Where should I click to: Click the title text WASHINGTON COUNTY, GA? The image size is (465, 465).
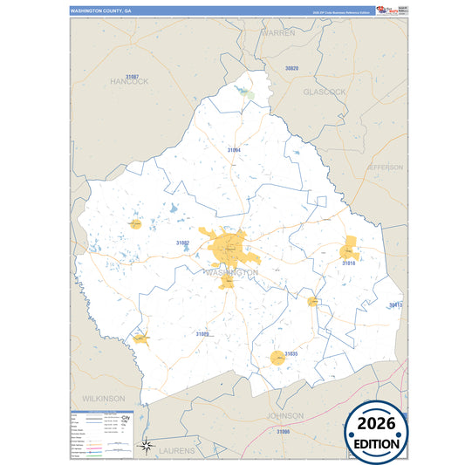tap(101, 12)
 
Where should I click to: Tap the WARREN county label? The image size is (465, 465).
tap(278, 32)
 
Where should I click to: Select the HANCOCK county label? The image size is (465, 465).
tap(130, 81)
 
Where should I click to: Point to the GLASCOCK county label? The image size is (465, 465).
tap(325, 92)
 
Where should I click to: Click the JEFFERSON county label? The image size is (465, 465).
tap(384, 167)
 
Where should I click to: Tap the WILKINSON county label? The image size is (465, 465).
tap(104, 398)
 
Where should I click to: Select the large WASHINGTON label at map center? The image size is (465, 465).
tap(230, 272)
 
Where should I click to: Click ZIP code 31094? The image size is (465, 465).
tap(234, 150)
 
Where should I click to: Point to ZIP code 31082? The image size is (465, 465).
tap(182, 243)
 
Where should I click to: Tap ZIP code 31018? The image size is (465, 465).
tap(348, 263)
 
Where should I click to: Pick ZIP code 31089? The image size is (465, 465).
tap(202, 334)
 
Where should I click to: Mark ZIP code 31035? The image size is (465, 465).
tap(291, 354)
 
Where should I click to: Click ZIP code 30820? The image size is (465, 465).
tap(291, 68)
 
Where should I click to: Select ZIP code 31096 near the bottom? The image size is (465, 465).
tap(283, 431)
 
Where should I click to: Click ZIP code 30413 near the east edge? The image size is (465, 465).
tap(395, 305)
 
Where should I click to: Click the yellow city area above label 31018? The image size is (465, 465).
tap(350, 248)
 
